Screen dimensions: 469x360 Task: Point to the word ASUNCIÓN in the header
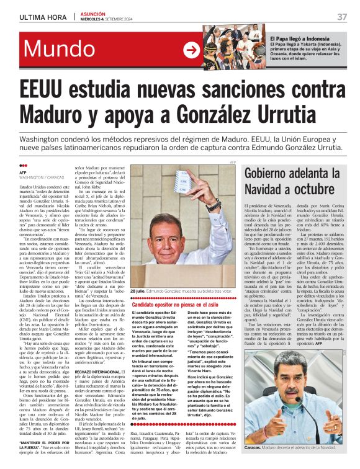(x=91, y=13)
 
